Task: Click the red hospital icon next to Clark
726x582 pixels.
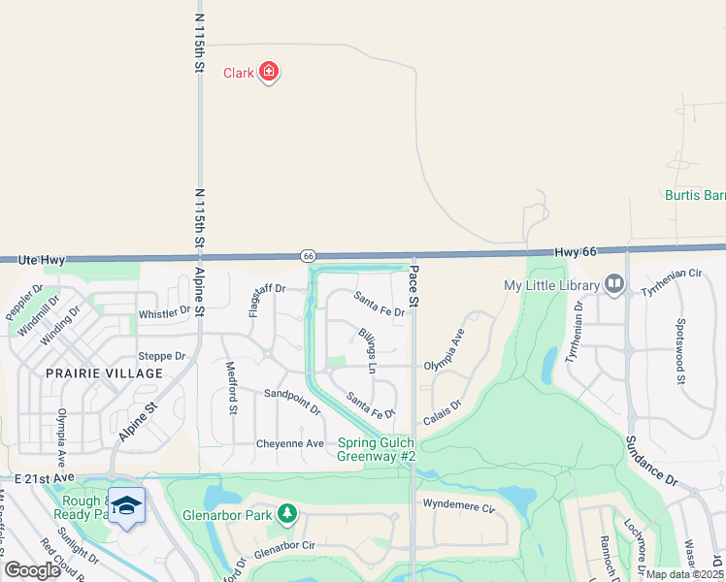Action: point(269,72)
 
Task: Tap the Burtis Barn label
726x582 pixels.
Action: point(694,195)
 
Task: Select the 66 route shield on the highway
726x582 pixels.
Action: point(308,255)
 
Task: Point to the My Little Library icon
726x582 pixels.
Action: point(613,284)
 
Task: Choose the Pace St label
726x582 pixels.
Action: point(414,286)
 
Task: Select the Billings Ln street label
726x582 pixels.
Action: point(365,350)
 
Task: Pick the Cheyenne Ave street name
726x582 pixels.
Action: point(289,443)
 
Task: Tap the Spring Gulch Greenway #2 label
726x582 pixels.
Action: point(377,449)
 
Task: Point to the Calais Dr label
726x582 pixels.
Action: point(442,411)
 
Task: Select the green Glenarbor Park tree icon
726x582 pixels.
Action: point(286,513)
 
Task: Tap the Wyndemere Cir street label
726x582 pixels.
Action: point(459,506)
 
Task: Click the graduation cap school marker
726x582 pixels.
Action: point(125,505)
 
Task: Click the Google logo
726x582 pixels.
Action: point(32,570)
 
